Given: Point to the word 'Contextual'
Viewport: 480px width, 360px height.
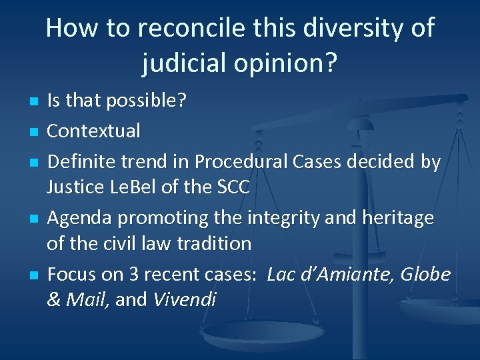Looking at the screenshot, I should pyautogui.click(x=93, y=131).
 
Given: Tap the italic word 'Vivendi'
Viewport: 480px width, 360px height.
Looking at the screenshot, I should pyautogui.click(x=184, y=300).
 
